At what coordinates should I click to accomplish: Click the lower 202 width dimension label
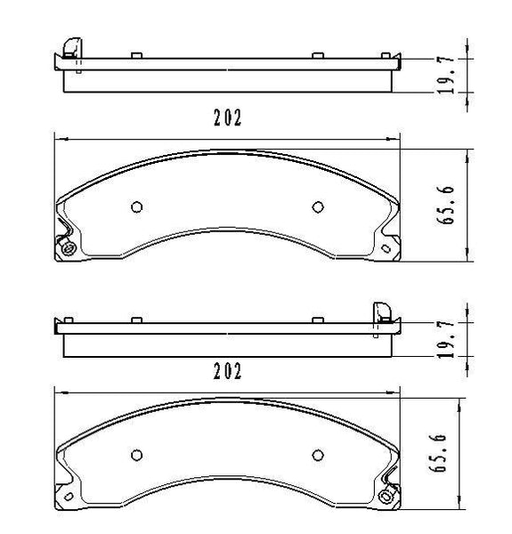[x=228, y=371]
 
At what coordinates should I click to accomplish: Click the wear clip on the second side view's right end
[x=380, y=311]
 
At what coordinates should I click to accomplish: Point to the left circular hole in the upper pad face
[x=136, y=206]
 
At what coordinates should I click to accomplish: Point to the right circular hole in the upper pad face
[x=317, y=206]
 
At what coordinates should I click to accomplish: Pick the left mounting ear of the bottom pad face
[x=64, y=494]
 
